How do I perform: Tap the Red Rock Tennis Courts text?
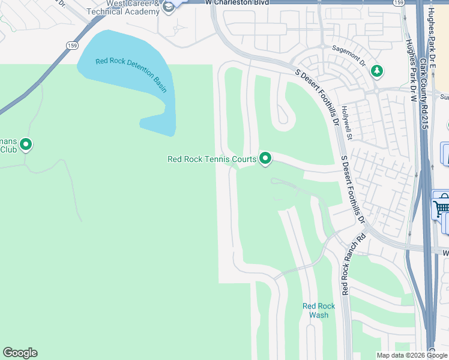[212, 159]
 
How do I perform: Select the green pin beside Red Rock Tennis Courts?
[265, 158]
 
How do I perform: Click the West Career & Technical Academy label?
[122, 8]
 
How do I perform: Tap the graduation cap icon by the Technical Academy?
[169, 7]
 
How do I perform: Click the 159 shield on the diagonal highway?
[72, 46]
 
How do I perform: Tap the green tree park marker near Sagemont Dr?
[377, 71]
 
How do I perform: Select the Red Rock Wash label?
[319, 310]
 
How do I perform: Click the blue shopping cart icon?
[441, 208]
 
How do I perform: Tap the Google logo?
[20, 353]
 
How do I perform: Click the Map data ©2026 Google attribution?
[411, 355]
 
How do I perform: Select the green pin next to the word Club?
[26, 144]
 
